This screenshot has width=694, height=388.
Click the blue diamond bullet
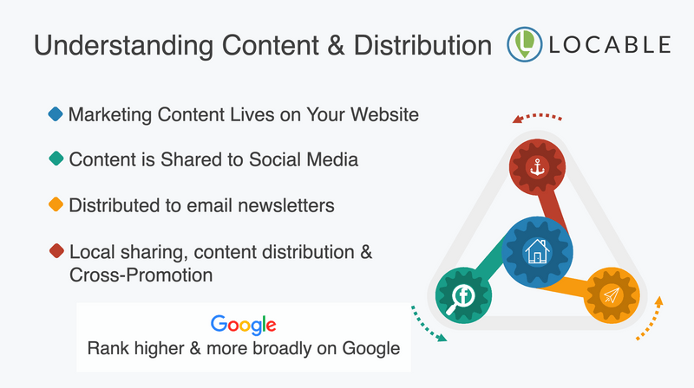tap(56, 114)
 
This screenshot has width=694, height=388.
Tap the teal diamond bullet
tap(56, 158)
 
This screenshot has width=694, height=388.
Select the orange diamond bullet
tap(56, 204)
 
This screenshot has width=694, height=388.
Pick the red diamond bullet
tap(56, 250)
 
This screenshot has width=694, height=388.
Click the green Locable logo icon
tap(525, 44)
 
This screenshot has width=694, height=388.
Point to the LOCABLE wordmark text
tap(610, 45)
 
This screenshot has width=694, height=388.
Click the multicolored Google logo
tap(244, 326)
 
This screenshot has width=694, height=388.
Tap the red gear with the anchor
tap(537, 167)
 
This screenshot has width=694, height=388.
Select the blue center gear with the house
tap(537, 252)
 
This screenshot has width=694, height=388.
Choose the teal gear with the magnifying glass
tap(463, 295)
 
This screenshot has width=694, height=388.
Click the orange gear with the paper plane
tap(612, 295)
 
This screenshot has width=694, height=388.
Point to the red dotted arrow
tap(536, 116)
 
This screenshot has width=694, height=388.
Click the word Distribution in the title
tap(422, 45)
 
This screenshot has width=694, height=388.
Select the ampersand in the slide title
tap(337, 45)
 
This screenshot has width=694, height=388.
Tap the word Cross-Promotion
tap(141, 275)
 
